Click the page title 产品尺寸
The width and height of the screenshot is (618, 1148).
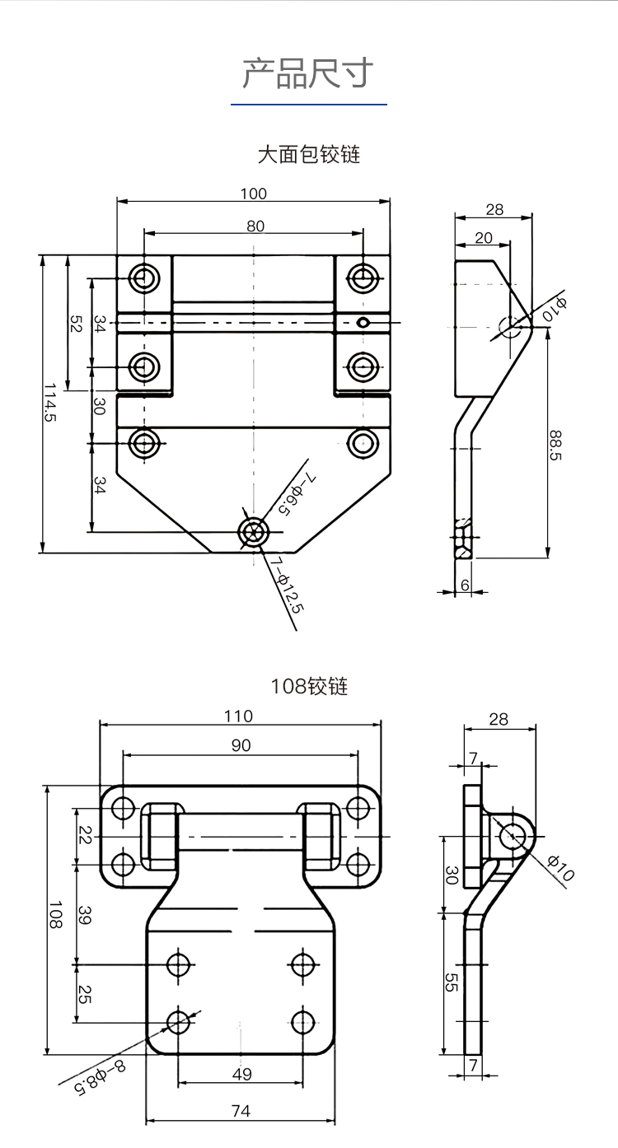[308, 73]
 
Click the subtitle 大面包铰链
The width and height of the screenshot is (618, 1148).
[308, 154]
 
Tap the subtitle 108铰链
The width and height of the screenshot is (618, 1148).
[309, 686]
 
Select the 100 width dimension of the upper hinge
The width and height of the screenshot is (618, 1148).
[254, 194]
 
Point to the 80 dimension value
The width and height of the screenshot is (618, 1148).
[255, 226]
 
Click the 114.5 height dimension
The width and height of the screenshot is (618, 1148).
[52, 404]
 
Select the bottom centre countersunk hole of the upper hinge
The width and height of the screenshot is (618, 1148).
[253, 531]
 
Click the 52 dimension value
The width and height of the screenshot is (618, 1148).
[75, 324]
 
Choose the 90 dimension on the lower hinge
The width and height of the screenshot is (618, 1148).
[241, 745]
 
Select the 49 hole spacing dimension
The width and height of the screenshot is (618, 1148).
[241, 1074]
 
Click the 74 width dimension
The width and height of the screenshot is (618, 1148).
[241, 1111]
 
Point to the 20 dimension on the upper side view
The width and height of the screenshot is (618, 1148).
[484, 238]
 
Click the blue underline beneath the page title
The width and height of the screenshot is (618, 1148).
[308, 105]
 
